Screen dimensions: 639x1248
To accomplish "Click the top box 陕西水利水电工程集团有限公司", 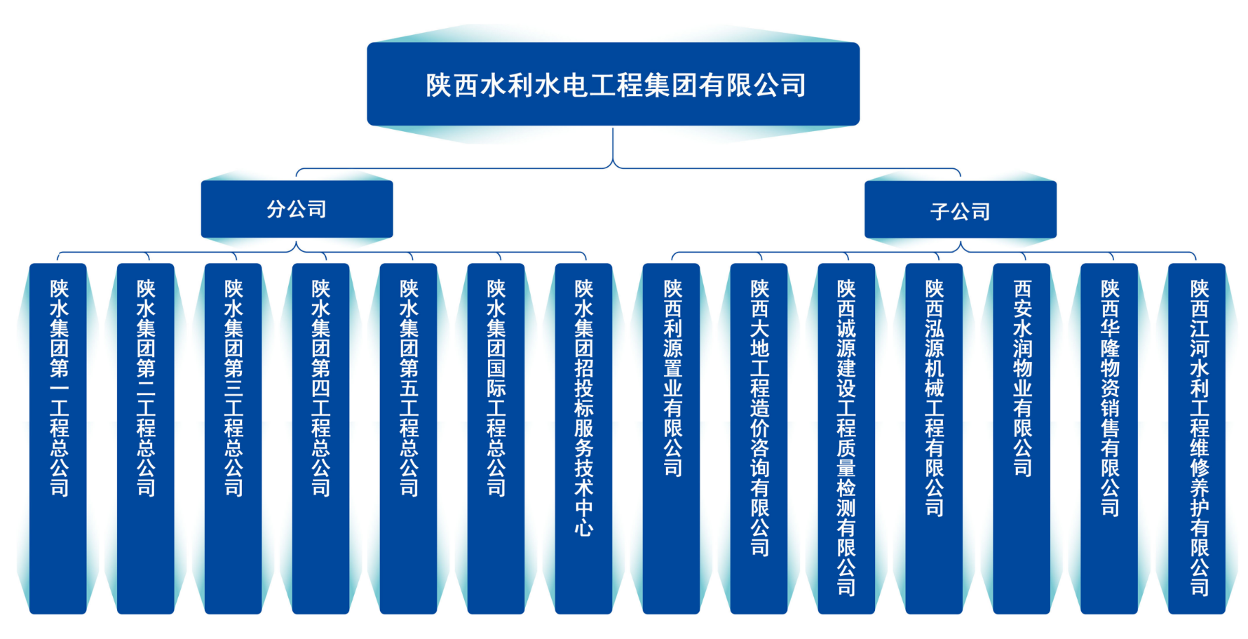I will tap(613, 84).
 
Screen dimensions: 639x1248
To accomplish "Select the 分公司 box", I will tap(297, 209).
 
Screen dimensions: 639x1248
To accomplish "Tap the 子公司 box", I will tap(960, 210).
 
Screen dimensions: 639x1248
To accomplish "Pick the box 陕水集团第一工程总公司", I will tap(58, 438).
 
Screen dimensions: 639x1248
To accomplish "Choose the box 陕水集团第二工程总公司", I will tap(145, 438).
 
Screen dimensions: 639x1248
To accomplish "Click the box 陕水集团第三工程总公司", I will tap(233, 438).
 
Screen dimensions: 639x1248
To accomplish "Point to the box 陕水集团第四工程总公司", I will tap(320, 438).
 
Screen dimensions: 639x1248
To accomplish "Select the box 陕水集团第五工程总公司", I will tap(408, 438).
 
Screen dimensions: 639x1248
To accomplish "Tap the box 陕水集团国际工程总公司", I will tap(496, 438).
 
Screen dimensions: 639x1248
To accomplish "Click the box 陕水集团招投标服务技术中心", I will tap(583, 438).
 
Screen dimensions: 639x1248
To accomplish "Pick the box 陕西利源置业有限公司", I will tap(672, 438).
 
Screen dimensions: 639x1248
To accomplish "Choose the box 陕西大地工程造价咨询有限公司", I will tap(759, 438).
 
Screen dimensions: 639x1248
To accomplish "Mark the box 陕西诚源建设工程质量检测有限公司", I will tap(846, 438).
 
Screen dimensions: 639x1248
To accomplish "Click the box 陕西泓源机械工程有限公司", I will tap(934, 438).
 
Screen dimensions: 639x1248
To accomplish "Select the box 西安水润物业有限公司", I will tap(1022, 438).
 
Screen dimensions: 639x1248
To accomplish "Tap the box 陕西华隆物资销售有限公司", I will tap(1109, 438).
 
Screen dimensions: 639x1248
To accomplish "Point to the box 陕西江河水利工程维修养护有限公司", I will tap(1198, 438).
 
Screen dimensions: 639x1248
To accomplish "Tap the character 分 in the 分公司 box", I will tap(276, 209).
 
